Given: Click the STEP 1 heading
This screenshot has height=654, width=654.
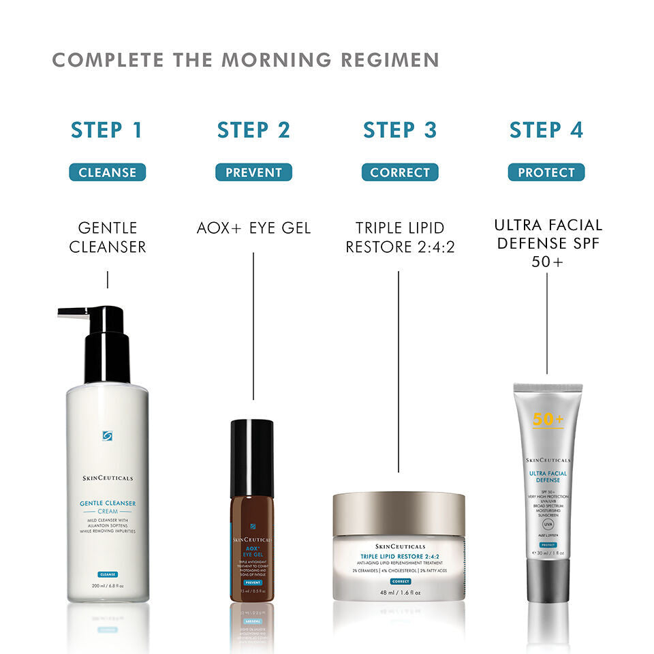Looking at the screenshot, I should pyautogui.click(x=107, y=130).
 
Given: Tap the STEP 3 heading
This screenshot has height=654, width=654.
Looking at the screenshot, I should pyautogui.click(x=400, y=130).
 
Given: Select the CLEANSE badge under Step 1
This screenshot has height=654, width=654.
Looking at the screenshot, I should pyautogui.click(x=108, y=172).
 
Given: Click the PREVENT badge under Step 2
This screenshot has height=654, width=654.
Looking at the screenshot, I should pyautogui.click(x=253, y=172).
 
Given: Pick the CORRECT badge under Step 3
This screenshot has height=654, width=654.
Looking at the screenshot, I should pyautogui.click(x=400, y=172).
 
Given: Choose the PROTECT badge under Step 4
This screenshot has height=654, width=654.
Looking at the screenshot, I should pyautogui.click(x=546, y=172).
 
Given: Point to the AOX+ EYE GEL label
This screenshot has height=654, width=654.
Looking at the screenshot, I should pyautogui.click(x=253, y=228).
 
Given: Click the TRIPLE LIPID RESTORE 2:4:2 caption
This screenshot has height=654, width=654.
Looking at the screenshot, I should pyautogui.click(x=400, y=237).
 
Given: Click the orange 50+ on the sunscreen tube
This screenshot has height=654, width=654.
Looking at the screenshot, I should pyautogui.click(x=548, y=420).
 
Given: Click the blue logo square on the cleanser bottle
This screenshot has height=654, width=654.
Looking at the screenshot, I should pyautogui.click(x=107, y=436).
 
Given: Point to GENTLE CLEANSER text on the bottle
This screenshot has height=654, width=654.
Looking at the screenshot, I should pyautogui.click(x=107, y=503).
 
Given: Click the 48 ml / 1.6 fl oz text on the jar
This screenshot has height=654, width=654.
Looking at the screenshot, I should pyautogui.click(x=400, y=593).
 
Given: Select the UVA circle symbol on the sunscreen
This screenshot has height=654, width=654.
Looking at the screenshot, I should pyautogui.click(x=548, y=525).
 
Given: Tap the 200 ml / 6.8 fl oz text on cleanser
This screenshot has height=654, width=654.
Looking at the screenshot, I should pyautogui.click(x=107, y=586).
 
